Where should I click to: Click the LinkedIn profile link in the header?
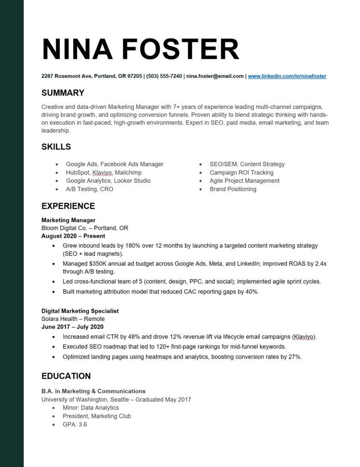click(x=287, y=76)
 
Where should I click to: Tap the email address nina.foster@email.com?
click(x=215, y=76)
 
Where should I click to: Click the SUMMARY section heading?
click(x=63, y=93)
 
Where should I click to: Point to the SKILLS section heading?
click(x=56, y=147)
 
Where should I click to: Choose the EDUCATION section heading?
click(x=66, y=376)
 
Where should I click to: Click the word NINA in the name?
click(x=77, y=49)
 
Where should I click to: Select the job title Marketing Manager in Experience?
click(x=68, y=220)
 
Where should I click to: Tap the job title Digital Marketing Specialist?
click(x=80, y=311)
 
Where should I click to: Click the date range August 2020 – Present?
click(x=73, y=236)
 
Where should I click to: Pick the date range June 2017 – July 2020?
click(x=72, y=327)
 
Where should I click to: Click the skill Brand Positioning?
click(x=233, y=189)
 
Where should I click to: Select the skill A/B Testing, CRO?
click(x=89, y=189)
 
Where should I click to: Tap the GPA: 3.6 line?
click(x=75, y=425)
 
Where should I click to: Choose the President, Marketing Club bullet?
click(x=97, y=416)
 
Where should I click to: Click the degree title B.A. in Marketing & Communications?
click(x=93, y=391)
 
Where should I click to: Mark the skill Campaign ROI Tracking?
click(x=242, y=172)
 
